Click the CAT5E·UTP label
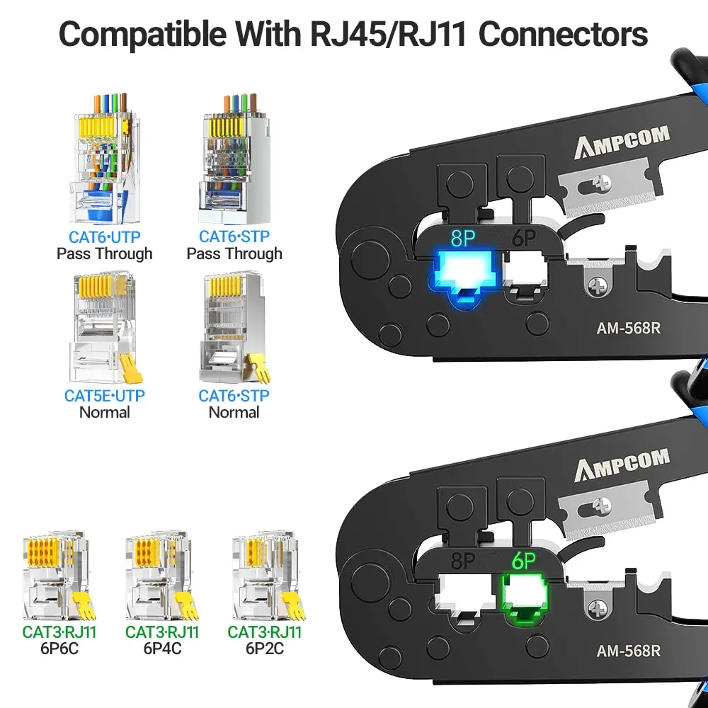click(x=104, y=396)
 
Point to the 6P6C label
click(x=60, y=648)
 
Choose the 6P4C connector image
click(x=162, y=575)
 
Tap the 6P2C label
click(x=264, y=648)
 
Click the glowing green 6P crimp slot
click(x=525, y=598)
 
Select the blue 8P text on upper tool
click(x=462, y=239)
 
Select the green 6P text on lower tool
click(x=524, y=561)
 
